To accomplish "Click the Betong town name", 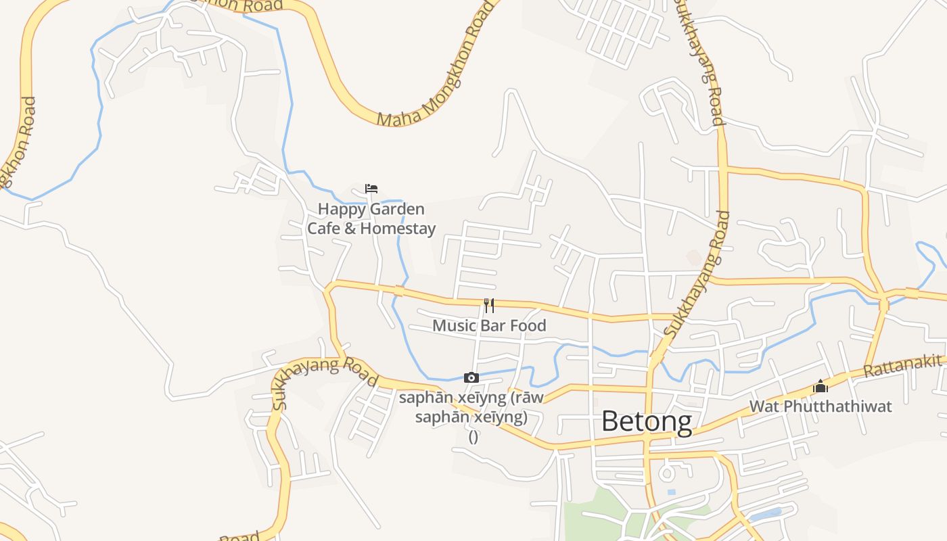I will click(x=646, y=421).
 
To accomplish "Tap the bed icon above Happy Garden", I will click(x=371, y=189).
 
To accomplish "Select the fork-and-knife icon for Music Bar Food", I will click(x=489, y=306).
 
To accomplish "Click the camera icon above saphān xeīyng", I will click(x=471, y=378).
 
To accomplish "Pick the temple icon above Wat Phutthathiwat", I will click(x=821, y=386).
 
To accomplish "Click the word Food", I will click(x=528, y=325).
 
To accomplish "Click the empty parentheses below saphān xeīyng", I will click(x=473, y=437).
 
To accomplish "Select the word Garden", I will click(x=398, y=210).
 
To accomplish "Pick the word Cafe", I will click(x=323, y=229).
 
